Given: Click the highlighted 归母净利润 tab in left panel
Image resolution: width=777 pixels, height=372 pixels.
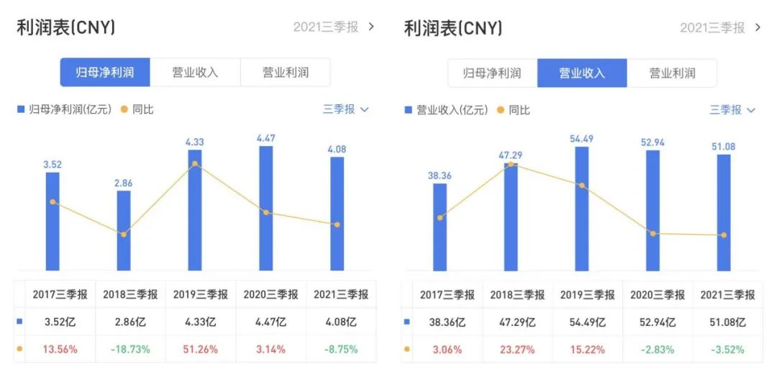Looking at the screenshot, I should click(x=105, y=73).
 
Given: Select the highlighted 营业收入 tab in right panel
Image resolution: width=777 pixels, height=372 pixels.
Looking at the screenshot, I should click(x=582, y=73).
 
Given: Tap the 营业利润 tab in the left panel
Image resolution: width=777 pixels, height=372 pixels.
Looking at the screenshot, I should click(x=285, y=73).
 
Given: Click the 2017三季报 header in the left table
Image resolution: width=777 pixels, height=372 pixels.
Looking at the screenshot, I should click(x=60, y=294).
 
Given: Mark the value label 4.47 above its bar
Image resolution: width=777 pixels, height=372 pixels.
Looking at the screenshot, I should click(x=266, y=138).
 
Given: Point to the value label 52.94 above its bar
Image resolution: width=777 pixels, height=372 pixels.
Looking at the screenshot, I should click(x=653, y=142).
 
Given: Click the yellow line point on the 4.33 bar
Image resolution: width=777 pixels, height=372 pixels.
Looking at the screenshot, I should click(x=195, y=164).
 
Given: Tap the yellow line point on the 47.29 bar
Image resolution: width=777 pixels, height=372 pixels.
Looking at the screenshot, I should click(x=511, y=164).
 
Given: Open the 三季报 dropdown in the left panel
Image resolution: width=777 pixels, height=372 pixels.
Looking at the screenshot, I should click(x=345, y=109).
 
